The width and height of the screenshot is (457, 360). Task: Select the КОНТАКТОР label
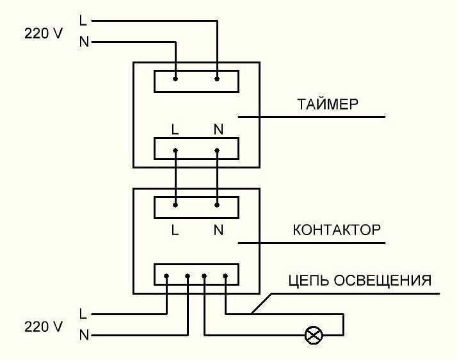(x=337, y=230)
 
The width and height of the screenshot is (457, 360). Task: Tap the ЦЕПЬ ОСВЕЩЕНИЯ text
(x=360, y=281)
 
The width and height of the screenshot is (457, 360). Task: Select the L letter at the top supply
(x=83, y=20)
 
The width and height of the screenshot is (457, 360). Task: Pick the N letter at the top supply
(x=83, y=42)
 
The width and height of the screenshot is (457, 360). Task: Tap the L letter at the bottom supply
(x=83, y=314)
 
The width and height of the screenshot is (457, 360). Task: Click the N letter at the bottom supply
(x=83, y=335)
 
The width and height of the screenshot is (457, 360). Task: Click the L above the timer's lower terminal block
(x=175, y=129)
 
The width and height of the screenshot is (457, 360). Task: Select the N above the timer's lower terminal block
(x=218, y=129)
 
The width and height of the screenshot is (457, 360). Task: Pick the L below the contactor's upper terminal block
(x=175, y=230)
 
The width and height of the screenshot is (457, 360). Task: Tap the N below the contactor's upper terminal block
(x=218, y=230)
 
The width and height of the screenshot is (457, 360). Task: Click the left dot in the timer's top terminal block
(x=175, y=79)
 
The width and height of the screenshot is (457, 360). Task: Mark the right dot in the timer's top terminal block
(x=217, y=79)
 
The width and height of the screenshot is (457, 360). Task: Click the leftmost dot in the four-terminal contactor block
(x=166, y=277)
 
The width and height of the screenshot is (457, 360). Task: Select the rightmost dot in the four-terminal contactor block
(x=226, y=277)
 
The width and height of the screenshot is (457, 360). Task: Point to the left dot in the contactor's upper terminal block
(x=175, y=206)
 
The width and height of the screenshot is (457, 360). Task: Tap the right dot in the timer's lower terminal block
(x=217, y=151)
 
